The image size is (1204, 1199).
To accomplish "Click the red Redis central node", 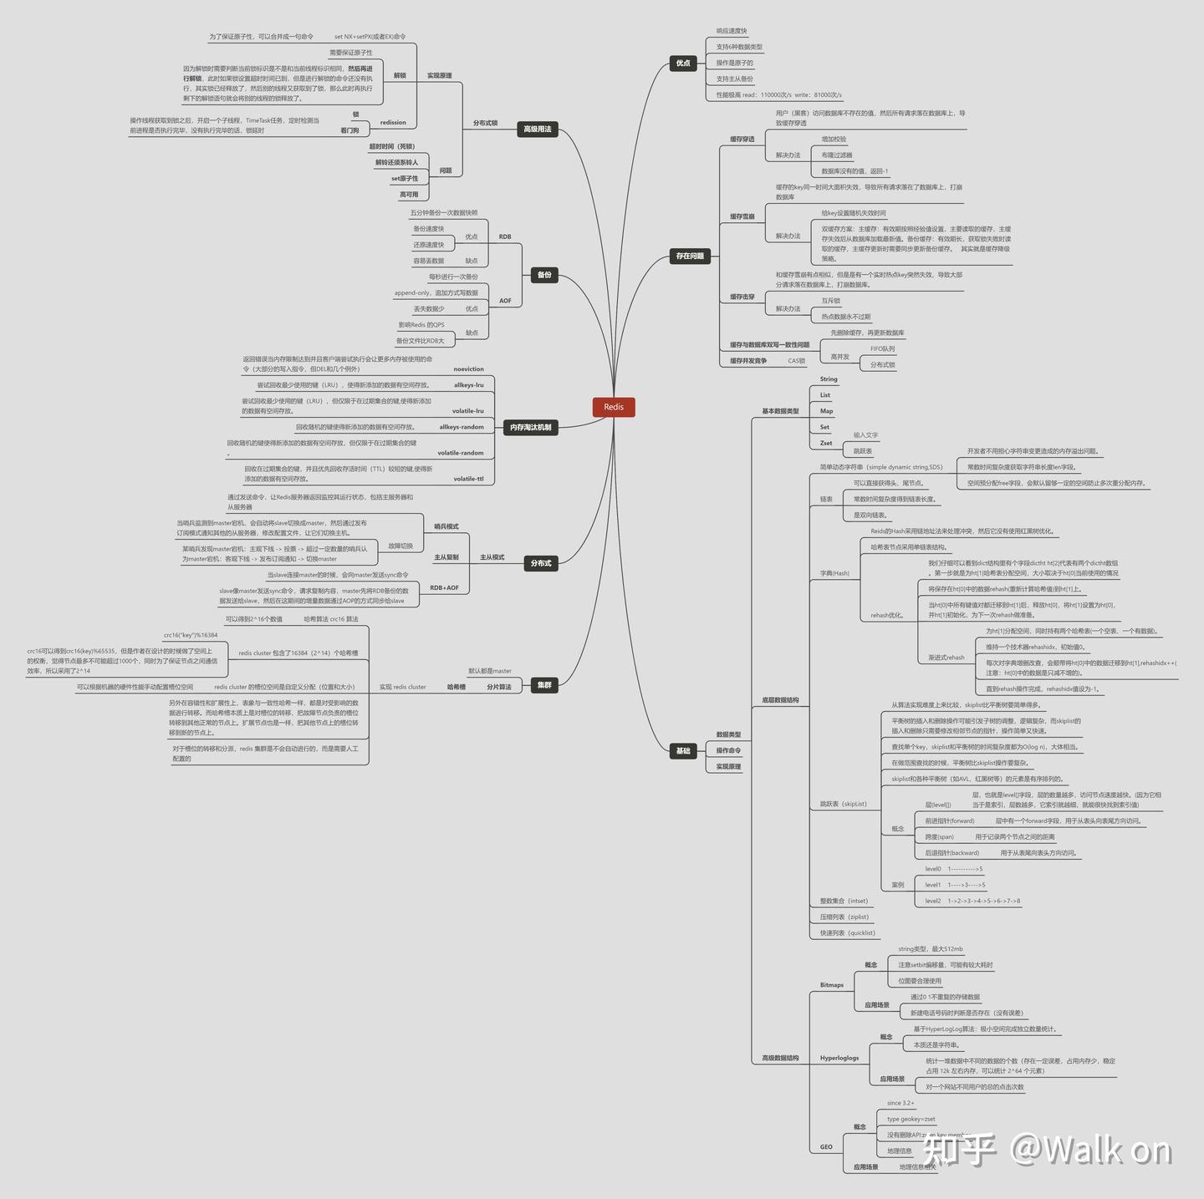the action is tap(614, 407).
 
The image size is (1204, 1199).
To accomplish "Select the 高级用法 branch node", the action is tap(537, 129).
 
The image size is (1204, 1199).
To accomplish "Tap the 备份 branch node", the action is tap(544, 274).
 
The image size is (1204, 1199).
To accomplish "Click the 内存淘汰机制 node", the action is tap(530, 427).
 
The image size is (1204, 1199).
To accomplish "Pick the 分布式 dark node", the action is tap(540, 563).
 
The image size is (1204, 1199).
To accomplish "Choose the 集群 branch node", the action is tap(544, 685).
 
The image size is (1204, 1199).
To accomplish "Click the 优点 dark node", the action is tap(683, 63).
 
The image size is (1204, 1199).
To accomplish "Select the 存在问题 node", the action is tap(690, 256).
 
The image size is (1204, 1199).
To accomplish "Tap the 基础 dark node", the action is tap(683, 750).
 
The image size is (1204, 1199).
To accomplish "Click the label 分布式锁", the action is tap(485, 123).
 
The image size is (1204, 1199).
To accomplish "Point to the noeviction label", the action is tap(468, 368).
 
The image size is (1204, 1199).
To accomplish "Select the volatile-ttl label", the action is tap(468, 479).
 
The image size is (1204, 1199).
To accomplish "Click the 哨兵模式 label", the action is tap(446, 526).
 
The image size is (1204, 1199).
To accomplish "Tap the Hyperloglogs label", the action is tap(839, 1058).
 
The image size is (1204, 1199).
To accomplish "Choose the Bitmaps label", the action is tap(831, 985).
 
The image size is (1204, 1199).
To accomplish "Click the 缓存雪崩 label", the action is tap(742, 216).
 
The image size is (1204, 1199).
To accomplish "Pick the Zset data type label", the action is tap(825, 443).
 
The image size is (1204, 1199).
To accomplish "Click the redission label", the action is tap(393, 123).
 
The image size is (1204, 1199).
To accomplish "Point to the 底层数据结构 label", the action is tap(779, 700).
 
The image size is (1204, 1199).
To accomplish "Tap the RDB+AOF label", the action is tap(444, 587).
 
